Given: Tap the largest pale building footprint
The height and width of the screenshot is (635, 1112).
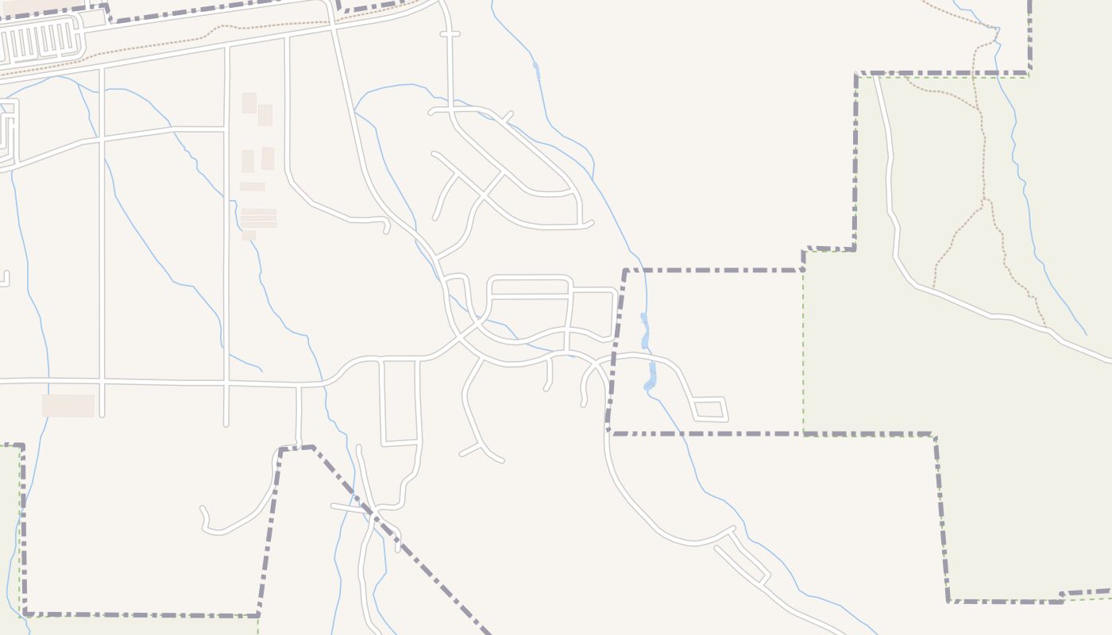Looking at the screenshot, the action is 68,406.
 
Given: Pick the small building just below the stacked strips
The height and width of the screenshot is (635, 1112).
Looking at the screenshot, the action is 249,236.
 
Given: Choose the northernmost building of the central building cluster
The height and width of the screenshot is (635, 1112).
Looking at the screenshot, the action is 249,102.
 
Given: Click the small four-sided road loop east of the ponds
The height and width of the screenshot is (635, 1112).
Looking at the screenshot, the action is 709,409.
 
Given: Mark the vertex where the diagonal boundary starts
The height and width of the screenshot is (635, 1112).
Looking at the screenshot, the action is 313,448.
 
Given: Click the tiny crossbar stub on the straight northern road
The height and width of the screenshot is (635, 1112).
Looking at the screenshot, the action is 450,34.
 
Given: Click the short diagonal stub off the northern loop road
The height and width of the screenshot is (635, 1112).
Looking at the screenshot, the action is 505,117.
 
